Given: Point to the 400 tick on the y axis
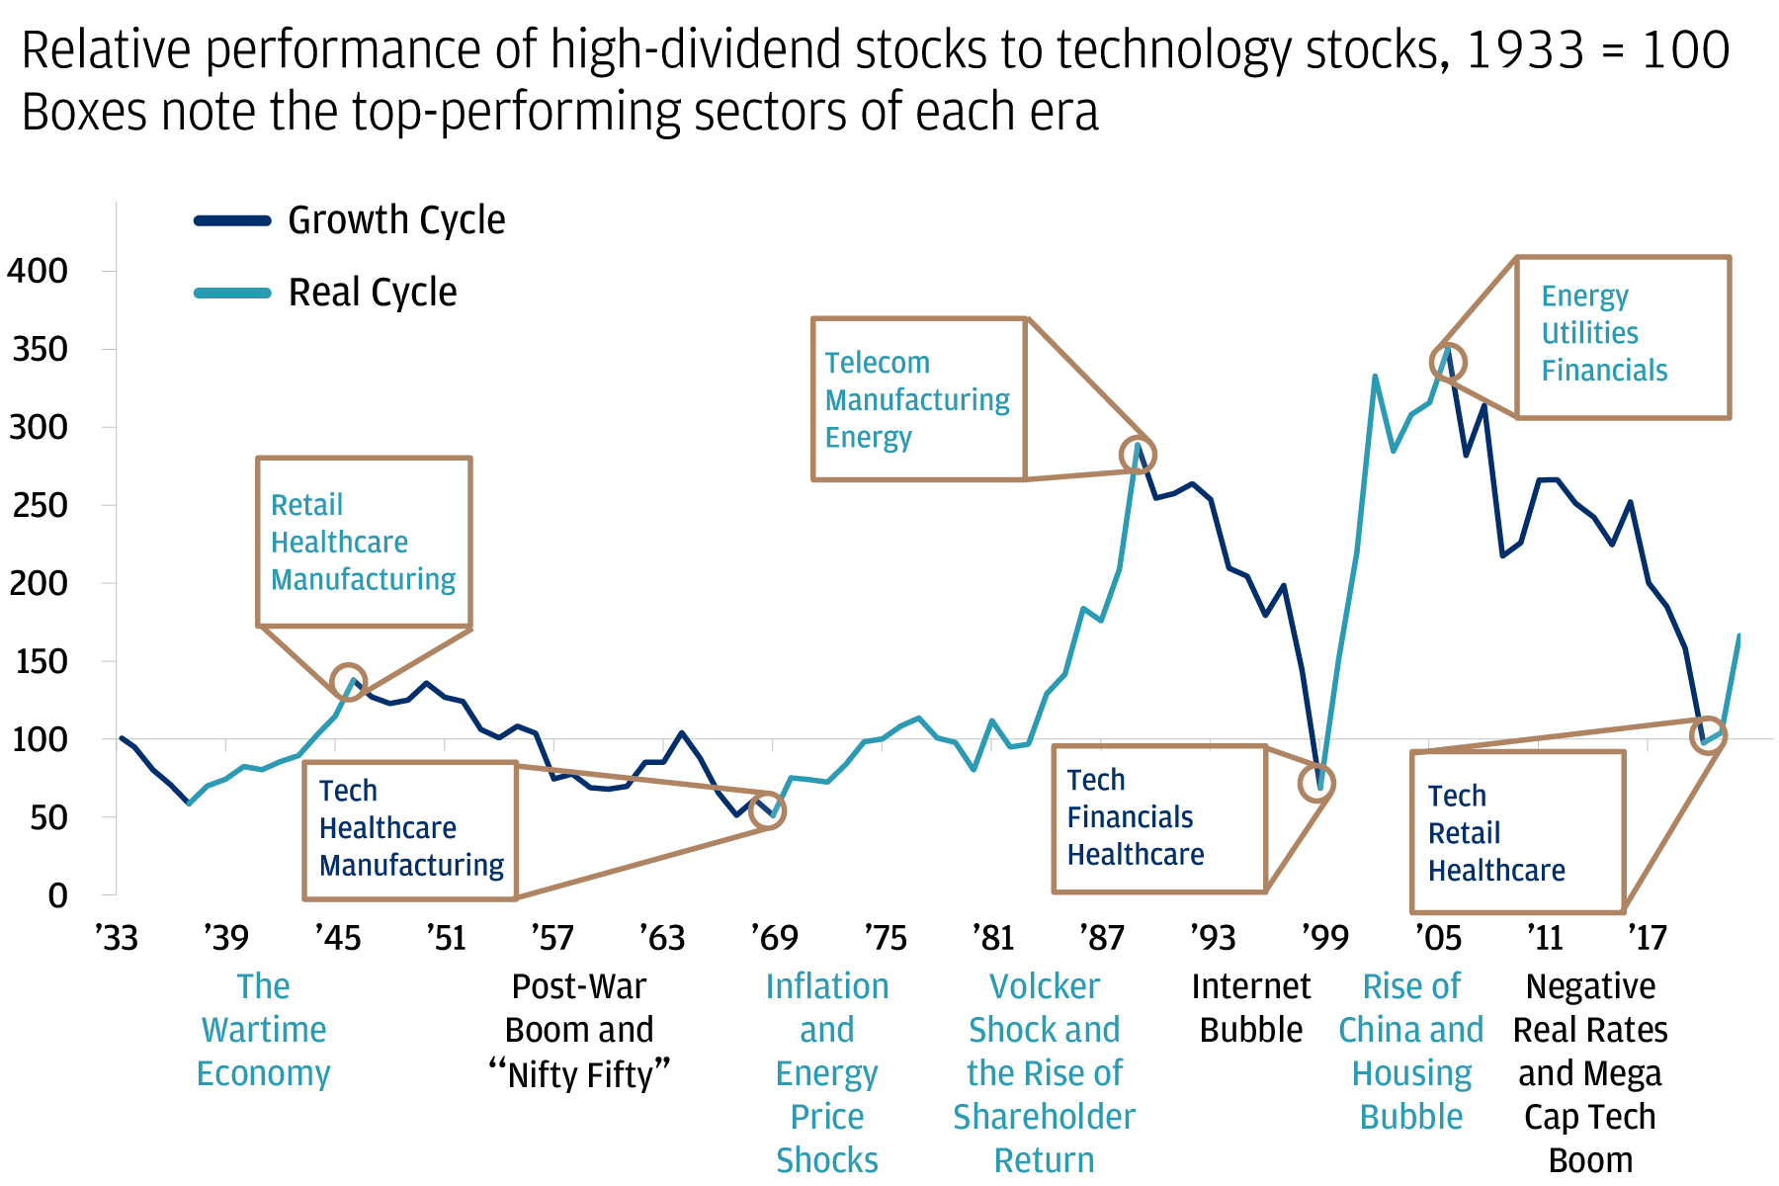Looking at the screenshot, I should (x=38, y=271).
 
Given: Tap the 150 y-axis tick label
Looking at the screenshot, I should (x=38, y=661).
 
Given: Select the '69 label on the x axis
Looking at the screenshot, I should (x=774, y=937).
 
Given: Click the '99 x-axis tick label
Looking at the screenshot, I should (x=1324, y=937).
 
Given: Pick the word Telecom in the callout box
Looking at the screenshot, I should (x=878, y=363).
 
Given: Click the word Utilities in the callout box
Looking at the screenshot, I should (x=1589, y=333).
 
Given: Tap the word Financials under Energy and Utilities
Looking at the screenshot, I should (x=1604, y=371).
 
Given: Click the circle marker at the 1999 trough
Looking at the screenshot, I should (x=1317, y=784).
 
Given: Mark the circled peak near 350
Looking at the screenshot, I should (x=1448, y=363).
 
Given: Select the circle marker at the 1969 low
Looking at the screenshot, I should (x=768, y=811).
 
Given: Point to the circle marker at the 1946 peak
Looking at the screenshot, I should (x=349, y=681).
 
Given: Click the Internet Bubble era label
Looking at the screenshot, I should (x=1250, y=1008).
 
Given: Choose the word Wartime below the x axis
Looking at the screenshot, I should (x=264, y=1030).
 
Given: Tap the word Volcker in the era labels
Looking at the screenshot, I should (x=1044, y=986).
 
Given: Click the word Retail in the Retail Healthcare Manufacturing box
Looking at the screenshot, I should (x=306, y=505).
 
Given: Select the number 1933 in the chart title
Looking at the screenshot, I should (x=1525, y=50).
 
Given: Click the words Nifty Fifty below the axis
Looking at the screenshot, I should (x=580, y=1074).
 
